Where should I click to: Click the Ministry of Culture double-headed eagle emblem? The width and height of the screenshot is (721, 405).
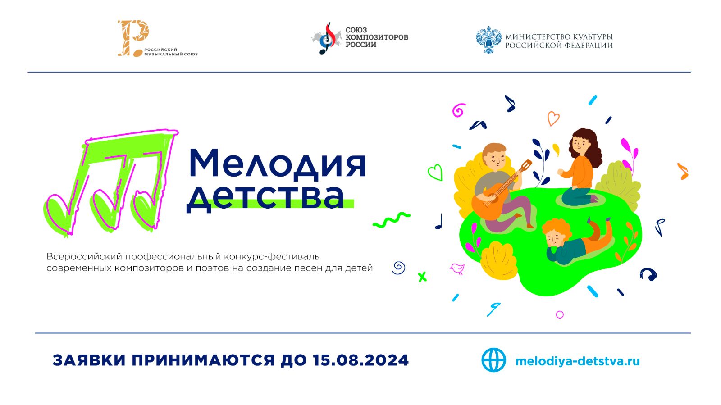(x=488, y=40)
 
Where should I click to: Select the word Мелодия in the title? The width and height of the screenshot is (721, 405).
(x=277, y=163)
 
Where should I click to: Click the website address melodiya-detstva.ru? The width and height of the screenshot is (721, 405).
(x=577, y=361)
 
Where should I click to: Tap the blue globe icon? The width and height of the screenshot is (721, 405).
(x=493, y=360)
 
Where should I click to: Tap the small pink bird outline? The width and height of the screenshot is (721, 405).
(x=457, y=269)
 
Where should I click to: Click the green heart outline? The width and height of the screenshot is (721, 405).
(x=435, y=172)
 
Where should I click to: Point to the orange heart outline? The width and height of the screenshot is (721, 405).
(x=553, y=118)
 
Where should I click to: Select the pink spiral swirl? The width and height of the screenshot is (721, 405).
(x=458, y=110)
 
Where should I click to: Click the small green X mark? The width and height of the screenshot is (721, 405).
(x=422, y=277)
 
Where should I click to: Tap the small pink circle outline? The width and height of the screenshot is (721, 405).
(x=560, y=314)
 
